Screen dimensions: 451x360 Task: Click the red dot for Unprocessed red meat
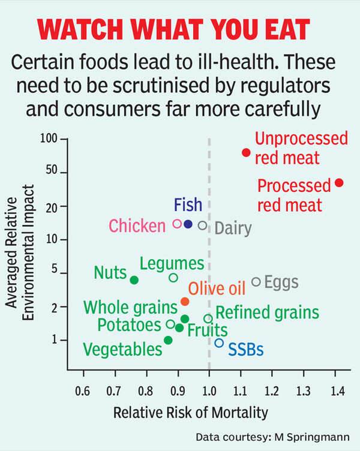[x=246, y=152]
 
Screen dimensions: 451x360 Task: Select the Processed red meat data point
[x=339, y=182]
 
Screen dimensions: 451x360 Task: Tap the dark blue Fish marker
[x=188, y=224]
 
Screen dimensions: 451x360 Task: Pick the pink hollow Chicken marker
[x=177, y=224]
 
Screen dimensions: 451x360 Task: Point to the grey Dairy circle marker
[x=203, y=225]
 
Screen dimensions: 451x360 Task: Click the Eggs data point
[x=256, y=281]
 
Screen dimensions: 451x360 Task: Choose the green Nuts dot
[x=134, y=279]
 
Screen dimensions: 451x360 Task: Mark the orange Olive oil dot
[x=185, y=301]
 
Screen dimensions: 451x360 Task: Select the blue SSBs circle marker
[x=219, y=343]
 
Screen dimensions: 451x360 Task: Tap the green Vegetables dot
[x=168, y=340]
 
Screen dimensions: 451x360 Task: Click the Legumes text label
[x=172, y=263]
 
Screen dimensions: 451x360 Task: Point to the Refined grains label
[x=267, y=312]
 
